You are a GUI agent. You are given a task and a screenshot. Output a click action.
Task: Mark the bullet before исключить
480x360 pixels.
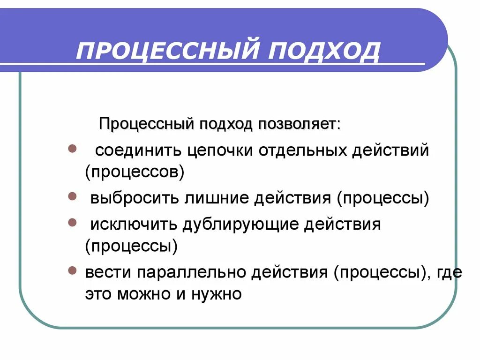(72, 223)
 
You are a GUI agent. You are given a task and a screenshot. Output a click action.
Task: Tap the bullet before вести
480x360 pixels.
(72, 271)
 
